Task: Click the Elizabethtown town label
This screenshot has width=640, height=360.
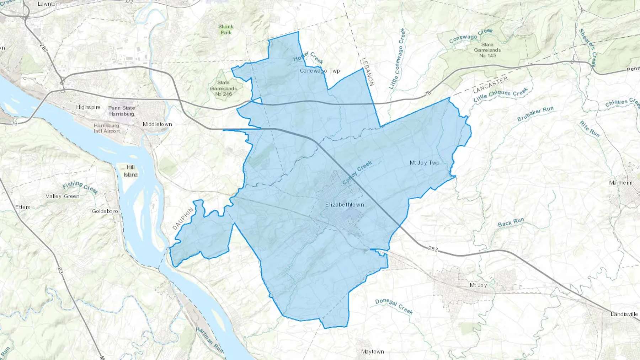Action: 344,205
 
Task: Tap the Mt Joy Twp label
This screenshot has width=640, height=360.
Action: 424,163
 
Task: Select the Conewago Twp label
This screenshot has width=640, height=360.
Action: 320,71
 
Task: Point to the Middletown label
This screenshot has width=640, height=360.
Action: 157,124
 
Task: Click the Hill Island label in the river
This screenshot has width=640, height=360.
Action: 130,171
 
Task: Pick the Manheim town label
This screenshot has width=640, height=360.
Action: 620,183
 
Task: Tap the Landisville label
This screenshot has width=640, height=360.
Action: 624,314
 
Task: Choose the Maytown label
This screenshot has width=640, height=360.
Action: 372,351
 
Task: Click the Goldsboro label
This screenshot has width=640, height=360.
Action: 105,211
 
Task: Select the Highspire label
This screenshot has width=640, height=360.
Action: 88,107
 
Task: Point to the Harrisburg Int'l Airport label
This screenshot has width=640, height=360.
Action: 107,128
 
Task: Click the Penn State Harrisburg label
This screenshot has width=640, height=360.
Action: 122,111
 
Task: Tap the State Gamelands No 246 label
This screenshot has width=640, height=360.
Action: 223,88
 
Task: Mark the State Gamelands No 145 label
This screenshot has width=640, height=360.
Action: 487,50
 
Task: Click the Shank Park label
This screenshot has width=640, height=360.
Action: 226,29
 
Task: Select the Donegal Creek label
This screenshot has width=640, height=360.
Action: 394,306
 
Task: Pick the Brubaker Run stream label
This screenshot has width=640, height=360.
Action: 535,114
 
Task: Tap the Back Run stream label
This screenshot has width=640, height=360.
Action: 511,222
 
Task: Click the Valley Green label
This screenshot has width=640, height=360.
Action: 63,196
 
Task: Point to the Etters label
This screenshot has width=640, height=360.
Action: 23,207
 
